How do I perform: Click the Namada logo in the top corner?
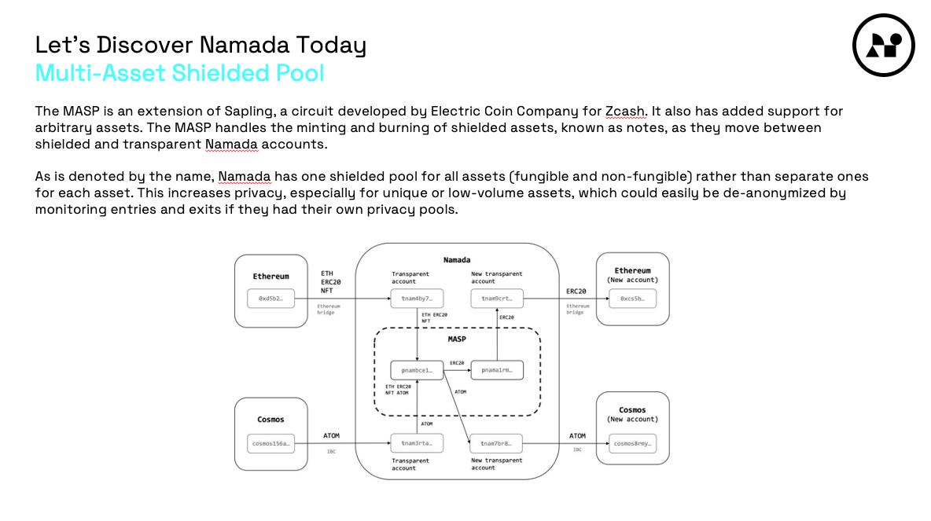883,45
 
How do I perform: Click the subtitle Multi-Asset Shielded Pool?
179,73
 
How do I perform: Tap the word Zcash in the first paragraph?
626,111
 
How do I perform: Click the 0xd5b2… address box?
270,299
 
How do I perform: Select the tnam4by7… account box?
417,299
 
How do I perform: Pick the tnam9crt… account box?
496,299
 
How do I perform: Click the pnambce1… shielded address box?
417,369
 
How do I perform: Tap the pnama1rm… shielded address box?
496,369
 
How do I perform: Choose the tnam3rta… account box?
417,443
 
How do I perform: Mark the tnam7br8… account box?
496,443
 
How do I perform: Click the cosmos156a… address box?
270,443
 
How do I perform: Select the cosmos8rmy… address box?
632,443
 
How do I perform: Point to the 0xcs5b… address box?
632,299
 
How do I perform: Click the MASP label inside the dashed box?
457,339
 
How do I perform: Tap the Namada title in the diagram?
457,259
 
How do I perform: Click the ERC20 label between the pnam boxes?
457,363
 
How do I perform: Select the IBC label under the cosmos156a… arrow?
331,451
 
